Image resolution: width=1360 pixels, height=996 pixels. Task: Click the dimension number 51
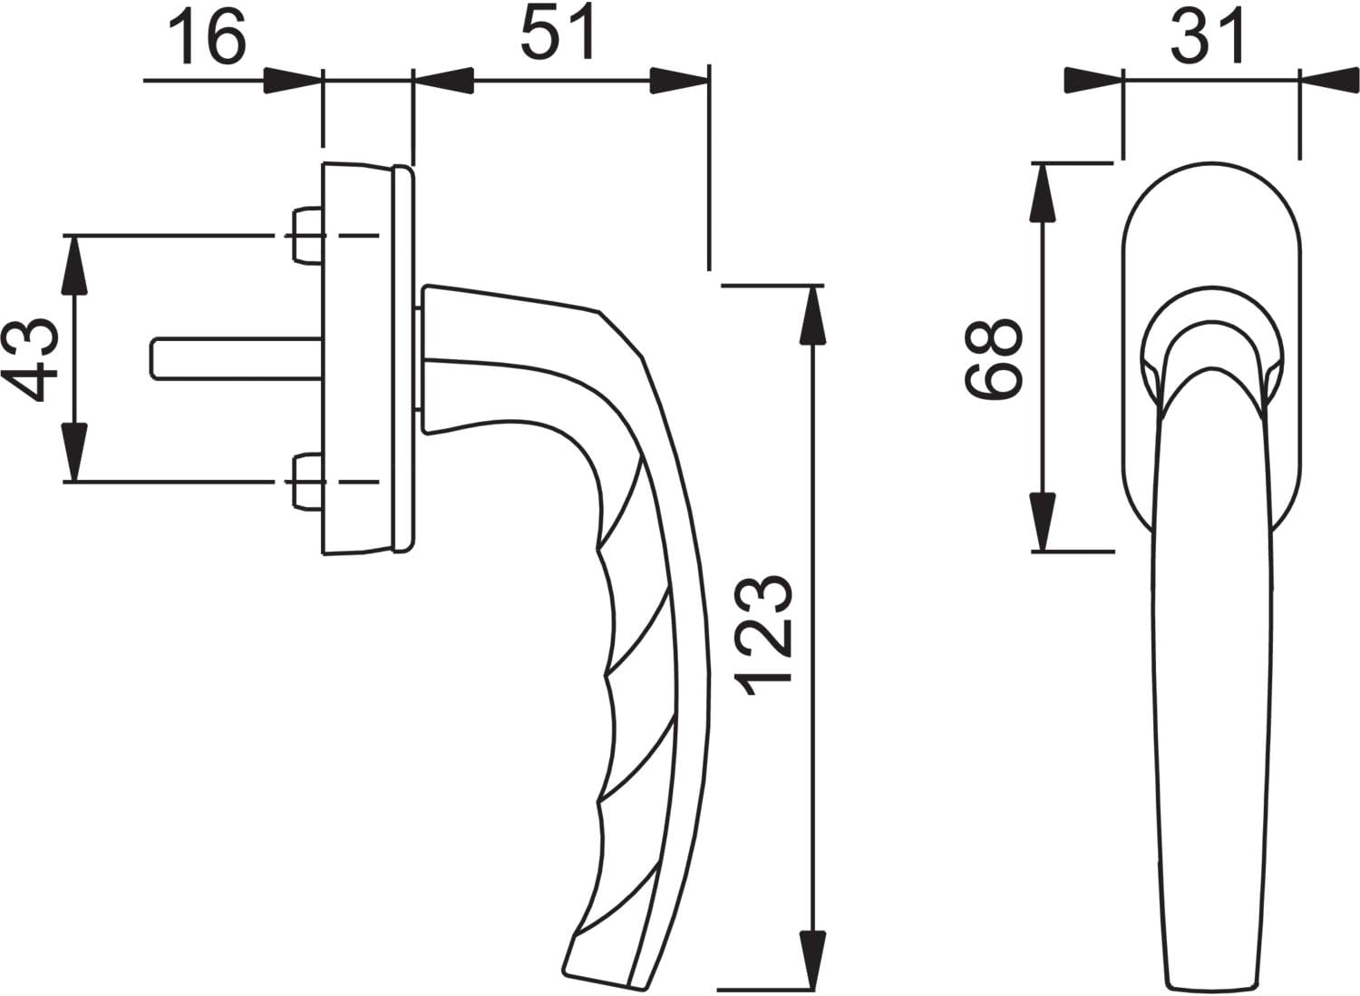[557, 34]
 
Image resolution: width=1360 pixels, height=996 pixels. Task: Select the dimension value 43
[30, 359]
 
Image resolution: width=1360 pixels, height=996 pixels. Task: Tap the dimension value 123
[763, 635]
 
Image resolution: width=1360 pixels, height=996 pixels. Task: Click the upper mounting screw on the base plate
[308, 236]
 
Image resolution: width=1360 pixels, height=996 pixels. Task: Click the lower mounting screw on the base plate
[308, 482]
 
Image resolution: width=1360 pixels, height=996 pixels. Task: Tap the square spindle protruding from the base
[237, 359]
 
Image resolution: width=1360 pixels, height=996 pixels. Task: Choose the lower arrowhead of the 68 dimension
[1044, 521]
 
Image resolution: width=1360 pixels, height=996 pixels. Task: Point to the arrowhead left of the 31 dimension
[1093, 81]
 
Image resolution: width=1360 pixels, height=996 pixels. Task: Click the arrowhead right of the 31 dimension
[1330, 81]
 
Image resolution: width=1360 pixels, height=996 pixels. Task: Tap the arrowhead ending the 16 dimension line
[293, 80]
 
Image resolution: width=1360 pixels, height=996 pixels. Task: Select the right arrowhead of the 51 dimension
[679, 80]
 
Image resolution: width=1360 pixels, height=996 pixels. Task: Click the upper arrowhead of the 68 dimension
[1044, 193]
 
